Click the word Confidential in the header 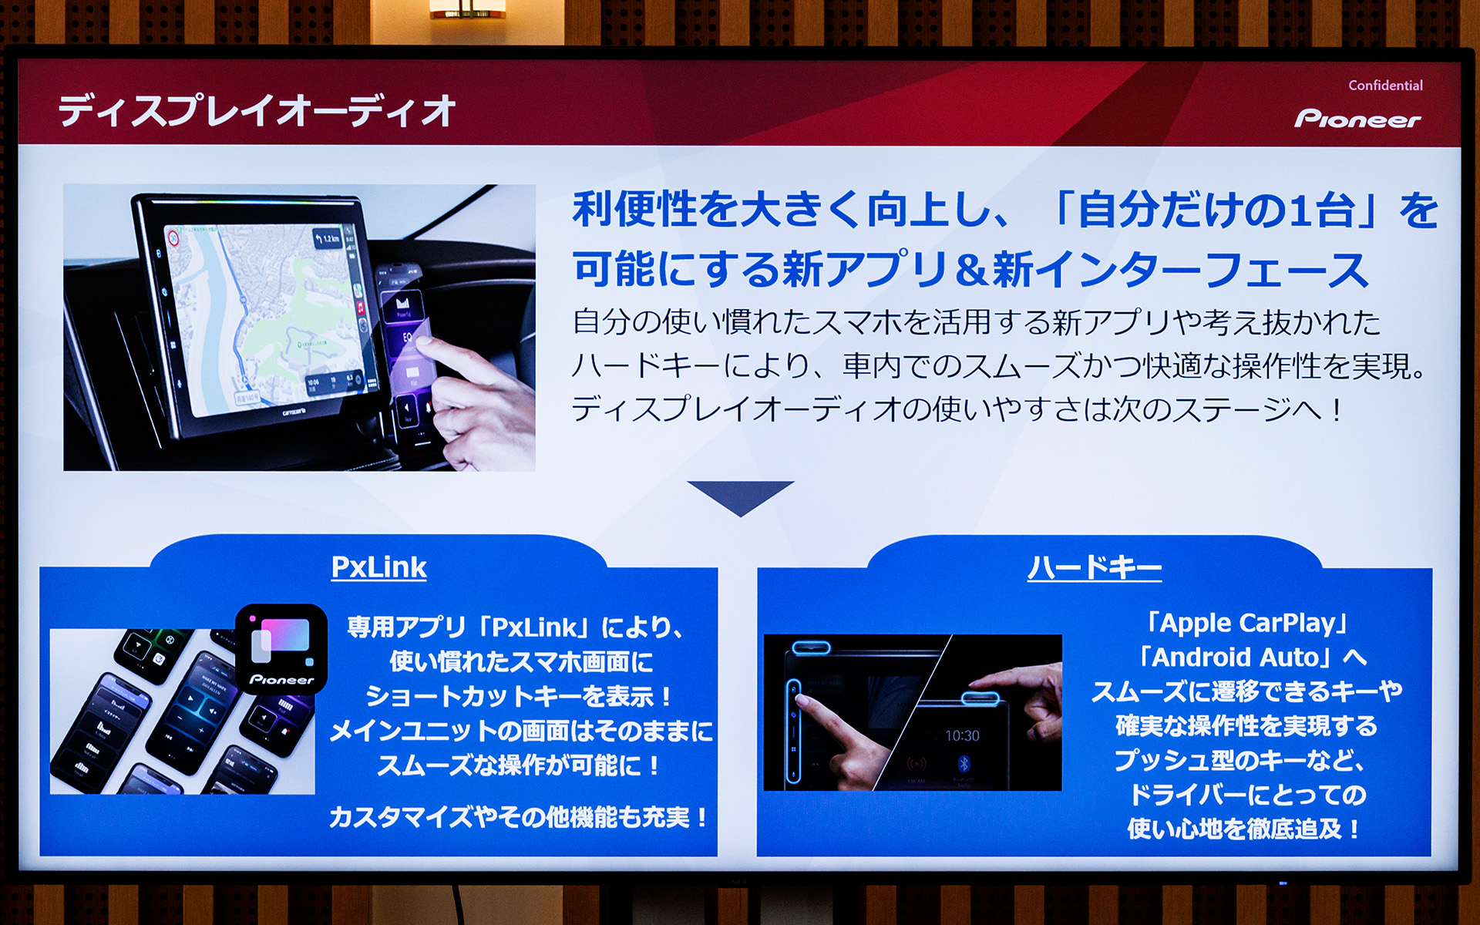[1385, 86]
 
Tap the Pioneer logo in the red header [1357, 119]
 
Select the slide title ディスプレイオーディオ [257, 110]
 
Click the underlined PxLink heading [378, 567]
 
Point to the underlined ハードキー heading [1094, 568]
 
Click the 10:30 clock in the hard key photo [962, 736]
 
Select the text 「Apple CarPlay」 [1246, 623]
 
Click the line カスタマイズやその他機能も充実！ [518, 817]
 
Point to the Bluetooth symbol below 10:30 [963, 764]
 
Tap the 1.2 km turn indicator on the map [328, 238]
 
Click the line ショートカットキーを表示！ [518, 697]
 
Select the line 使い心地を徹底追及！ [1243, 829]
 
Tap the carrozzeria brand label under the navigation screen [294, 413]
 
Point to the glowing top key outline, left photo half [811, 647]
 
